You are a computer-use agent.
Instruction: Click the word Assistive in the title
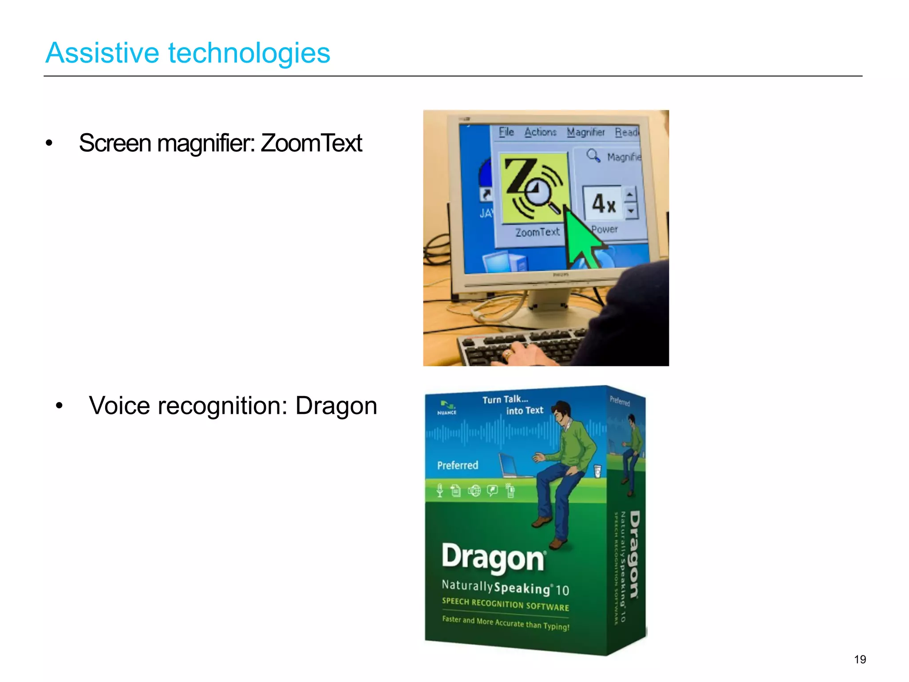[102, 53]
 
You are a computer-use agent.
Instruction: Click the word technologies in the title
[249, 53]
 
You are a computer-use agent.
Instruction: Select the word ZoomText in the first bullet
[311, 143]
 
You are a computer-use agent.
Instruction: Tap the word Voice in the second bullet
[119, 406]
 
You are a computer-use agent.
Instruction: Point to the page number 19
[860, 659]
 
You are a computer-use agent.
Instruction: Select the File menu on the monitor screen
[506, 132]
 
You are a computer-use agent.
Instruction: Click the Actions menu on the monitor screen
[540, 132]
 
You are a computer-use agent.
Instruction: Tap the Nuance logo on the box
[447, 408]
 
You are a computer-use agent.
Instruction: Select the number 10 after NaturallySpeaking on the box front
[562, 590]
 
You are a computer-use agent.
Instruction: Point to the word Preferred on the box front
[458, 465]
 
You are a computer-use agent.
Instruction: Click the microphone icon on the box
[439, 490]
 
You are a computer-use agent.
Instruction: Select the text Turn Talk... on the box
[505, 400]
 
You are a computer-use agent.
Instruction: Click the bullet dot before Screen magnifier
[49, 143]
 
